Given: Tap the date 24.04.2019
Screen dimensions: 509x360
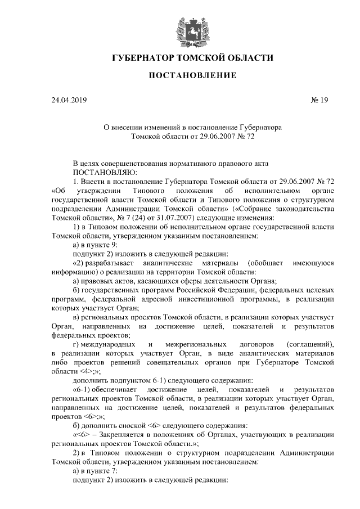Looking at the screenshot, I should click(69, 101).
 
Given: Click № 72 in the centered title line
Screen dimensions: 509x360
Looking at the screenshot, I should click(254, 136).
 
